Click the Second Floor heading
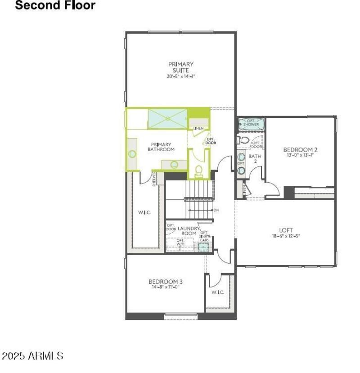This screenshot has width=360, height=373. pyautogui.click(x=55, y=6)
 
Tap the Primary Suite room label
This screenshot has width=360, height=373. pyautogui.click(x=181, y=67)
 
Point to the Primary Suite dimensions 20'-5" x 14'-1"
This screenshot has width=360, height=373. pyautogui.click(x=181, y=76)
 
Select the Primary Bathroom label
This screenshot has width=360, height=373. pyautogui.click(x=161, y=147)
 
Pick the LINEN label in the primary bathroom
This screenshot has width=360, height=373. pyautogui.click(x=198, y=129)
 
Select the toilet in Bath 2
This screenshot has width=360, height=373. pyautogui.click(x=243, y=140)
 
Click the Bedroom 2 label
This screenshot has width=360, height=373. pyautogui.click(x=300, y=149)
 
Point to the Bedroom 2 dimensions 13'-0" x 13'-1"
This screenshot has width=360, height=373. pyautogui.click(x=300, y=155)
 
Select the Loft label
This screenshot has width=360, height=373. pyautogui.click(x=286, y=230)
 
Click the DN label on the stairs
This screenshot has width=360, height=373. pyautogui.click(x=216, y=210)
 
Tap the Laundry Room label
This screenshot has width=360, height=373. pyautogui.click(x=189, y=231)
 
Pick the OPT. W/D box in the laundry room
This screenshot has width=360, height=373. pyautogui.click(x=180, y=243)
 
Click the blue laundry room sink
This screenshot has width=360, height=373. pyautogui.click(x=203, y=247)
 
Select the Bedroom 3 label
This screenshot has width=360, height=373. pyautogui.click(x=165, y=282)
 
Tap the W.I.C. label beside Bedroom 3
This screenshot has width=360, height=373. pyautogui.click(x=217, y=292)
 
